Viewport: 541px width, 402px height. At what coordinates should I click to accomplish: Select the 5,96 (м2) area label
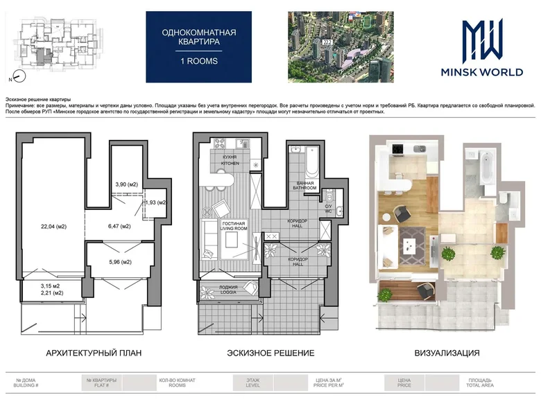click(119, 262)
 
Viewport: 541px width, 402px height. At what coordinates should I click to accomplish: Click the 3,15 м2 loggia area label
click(48, 286)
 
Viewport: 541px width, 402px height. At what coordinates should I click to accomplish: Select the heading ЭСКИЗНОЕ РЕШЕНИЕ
click(270, 353)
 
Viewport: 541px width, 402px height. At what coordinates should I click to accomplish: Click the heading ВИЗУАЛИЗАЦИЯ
click(447, 353)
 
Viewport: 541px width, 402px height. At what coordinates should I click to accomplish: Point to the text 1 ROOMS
click(199, 61)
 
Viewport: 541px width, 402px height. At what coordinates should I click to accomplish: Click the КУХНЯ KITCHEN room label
click(230, 160)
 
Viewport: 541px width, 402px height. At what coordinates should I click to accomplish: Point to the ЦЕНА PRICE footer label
click(404, 382)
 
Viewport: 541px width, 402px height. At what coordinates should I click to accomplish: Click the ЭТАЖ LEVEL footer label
click(252, 382)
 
